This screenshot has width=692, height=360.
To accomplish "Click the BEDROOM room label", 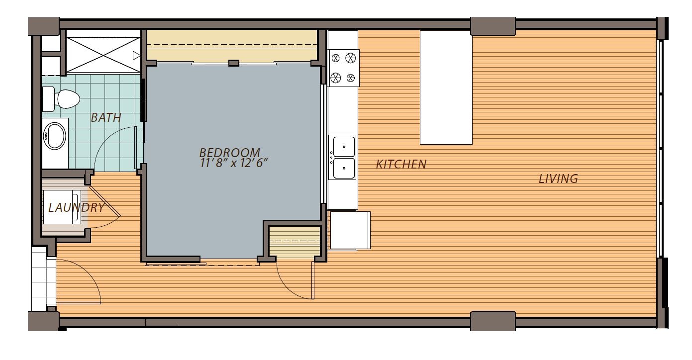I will coord(229,152).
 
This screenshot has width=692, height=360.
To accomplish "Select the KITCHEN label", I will coord(401,164).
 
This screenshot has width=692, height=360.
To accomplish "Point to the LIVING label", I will coord(558,179).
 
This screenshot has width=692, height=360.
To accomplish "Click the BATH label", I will coord(106,118).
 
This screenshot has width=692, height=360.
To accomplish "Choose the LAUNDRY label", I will coord(76,207).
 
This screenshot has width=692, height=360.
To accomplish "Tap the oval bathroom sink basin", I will coord(55,135).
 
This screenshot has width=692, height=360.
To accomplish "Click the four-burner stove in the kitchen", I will coord(344,68).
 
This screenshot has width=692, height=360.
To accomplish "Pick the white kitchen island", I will coord(446,87).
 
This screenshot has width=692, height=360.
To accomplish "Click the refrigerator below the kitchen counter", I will coord(350,230).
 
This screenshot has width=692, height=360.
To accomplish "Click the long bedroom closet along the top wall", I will coord(232,46).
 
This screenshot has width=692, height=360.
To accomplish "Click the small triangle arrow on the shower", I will coord(136,55).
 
